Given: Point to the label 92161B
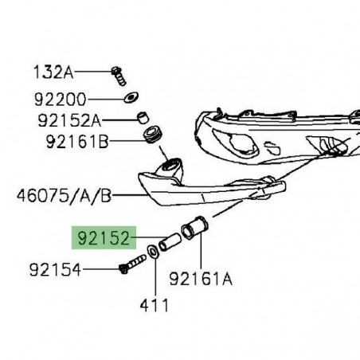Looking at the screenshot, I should [73, 144].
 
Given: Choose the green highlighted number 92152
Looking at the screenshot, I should [104, 237].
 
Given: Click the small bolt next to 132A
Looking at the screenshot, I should [118, 76].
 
